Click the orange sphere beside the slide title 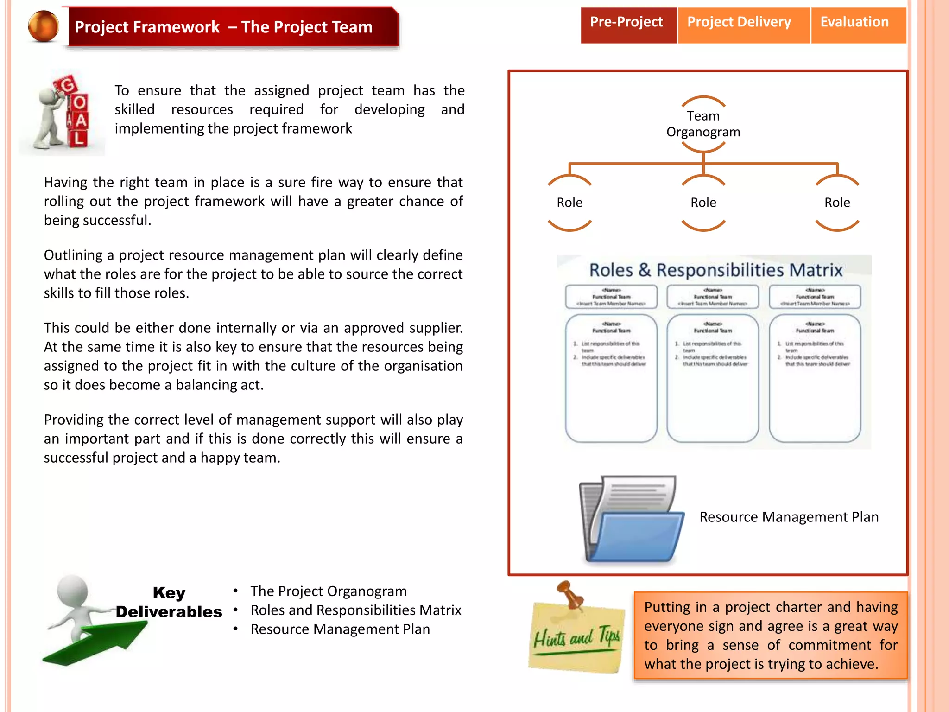click(44, 26)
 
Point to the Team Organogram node click(703, 124)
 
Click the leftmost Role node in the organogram click(569, 203)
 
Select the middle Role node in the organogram click(703, 203)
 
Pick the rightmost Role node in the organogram click(837, 203)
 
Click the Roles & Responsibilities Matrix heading click(715, 270)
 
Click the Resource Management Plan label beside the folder click(789, 517)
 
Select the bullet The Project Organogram click(328, 591)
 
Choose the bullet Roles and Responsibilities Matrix click(355, 610)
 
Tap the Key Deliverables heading click(169, 602)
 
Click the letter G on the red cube click(67, 85)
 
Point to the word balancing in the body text click(206, 385)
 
